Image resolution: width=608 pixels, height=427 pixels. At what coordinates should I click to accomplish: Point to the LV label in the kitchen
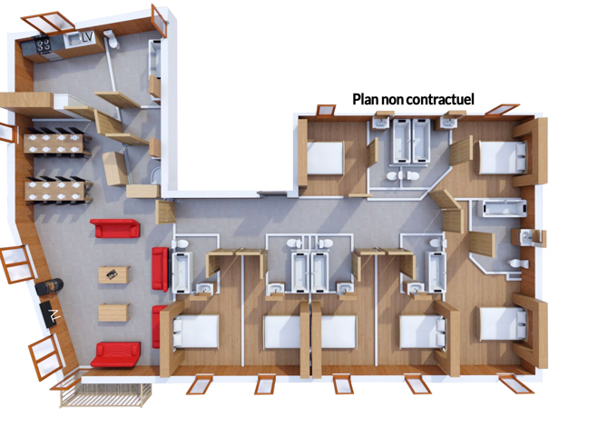87,37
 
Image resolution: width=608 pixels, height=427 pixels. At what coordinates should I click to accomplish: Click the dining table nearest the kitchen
56,142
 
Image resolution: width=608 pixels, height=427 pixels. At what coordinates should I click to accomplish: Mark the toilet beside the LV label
109,37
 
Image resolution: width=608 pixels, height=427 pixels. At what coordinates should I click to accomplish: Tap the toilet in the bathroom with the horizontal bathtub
516,264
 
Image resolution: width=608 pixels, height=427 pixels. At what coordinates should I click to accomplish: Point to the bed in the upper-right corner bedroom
501,156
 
